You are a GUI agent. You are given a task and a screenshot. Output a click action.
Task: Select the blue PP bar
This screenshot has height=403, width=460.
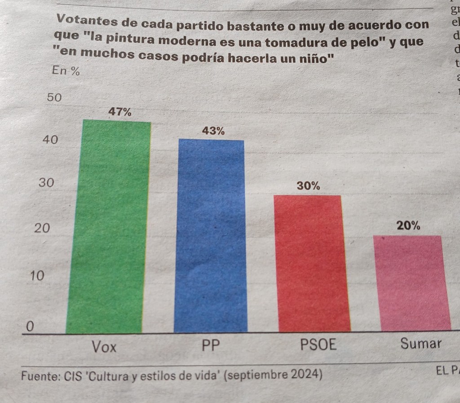pyautogui.click(x=211, y=236)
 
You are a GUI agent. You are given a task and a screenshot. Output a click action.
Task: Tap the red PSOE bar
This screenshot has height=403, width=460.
pyautogui.click(x=312, y=264)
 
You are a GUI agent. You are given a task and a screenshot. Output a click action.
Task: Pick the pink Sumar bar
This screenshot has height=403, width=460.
pyautogui.click(x=411, y=283)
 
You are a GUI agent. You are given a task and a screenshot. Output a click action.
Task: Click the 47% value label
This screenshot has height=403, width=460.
pyautogui.click(x=120, y=112)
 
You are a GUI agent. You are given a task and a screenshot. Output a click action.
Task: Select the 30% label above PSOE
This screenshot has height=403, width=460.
pyautogui.click(x=309, y=186)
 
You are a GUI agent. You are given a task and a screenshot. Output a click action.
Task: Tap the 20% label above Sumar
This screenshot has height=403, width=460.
pyautogui.click(x=409, y=226)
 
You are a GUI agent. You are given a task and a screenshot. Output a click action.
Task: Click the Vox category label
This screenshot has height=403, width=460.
pyautogui.click(x=104, y=347)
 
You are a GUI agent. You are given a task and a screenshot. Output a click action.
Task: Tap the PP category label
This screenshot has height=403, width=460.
pyautogui.click(x=211, y=346)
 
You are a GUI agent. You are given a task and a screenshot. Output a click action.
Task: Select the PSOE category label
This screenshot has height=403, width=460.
pyautogui.click(x=318, y=345)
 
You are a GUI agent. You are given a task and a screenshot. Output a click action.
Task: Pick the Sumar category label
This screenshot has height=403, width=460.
pyautogui.click(x=421, y=344)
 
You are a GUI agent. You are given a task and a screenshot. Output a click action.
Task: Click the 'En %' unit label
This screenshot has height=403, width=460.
pyautogui.click(x=66, y=71)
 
